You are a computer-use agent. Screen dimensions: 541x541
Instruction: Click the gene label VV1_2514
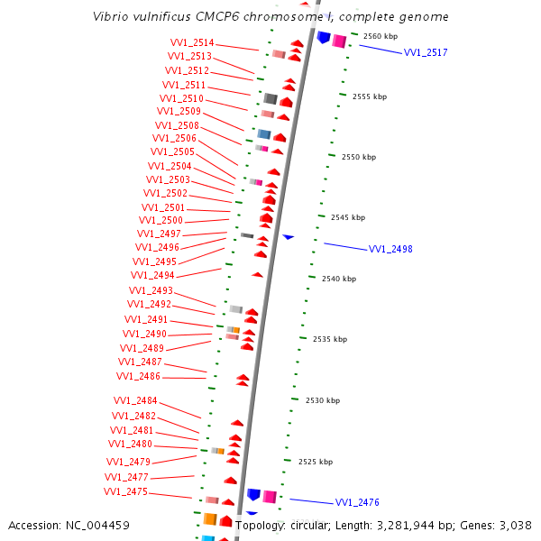coord(192,43)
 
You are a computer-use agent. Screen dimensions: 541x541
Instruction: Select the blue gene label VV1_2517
coord(425,53)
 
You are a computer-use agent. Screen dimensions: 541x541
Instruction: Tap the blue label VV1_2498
coord(390,249)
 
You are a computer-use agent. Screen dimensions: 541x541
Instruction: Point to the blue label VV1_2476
coord(357,502)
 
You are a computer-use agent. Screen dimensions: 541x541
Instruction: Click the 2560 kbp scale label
coord(380,36)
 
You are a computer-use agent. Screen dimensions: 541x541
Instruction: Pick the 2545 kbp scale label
coord(348,217)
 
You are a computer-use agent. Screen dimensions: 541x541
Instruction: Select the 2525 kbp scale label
coord(316,462)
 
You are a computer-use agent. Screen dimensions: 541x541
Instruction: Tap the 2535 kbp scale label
coord(331,339)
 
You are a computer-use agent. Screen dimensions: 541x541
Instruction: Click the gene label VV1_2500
coord(160,221)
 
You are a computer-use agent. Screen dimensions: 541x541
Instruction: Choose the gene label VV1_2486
coord(138,377)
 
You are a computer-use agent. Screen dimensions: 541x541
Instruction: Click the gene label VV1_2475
coord(125,492)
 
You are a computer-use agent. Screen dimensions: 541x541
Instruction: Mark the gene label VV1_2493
coord(151,291)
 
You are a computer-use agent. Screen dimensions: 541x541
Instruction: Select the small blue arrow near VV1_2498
coord(288,237)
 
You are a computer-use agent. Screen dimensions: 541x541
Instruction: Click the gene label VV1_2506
coord(174,139)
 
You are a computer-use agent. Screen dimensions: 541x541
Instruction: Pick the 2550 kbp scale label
coord(359,157)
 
